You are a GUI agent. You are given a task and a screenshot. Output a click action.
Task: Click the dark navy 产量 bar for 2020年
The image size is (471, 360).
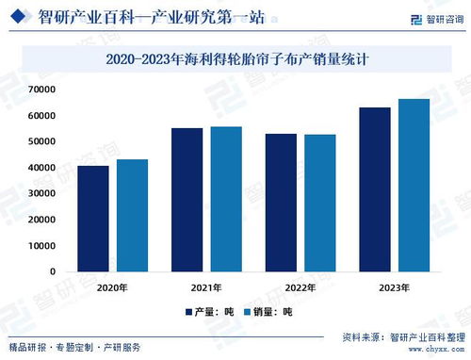coord(92,219)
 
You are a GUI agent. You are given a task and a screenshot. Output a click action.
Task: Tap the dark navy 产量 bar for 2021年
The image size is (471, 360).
coord(187,200)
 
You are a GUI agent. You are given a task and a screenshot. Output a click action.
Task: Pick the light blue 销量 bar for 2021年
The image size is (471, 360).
coord(226,199)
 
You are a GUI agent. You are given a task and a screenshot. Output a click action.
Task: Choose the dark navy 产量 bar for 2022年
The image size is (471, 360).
coord(281,203)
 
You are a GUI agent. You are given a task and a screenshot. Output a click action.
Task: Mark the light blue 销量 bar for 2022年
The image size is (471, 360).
coord(320,203)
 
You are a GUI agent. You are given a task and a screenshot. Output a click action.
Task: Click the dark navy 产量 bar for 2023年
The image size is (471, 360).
coord(375,189)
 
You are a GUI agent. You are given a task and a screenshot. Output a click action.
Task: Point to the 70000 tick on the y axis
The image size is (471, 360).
coord(41,90)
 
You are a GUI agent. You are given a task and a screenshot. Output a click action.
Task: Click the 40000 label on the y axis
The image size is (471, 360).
coord(41,168)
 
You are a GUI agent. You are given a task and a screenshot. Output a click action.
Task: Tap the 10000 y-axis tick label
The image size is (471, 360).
coord(41,245)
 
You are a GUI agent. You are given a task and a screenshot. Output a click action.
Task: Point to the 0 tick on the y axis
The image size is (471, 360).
coord(53,271)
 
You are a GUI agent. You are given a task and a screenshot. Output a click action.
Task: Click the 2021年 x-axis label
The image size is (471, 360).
coord(206,286)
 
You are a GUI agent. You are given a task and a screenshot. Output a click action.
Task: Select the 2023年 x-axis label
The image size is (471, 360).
coord(395,286)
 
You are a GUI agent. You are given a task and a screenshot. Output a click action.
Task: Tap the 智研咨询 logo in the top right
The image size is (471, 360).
coord(437,18)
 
